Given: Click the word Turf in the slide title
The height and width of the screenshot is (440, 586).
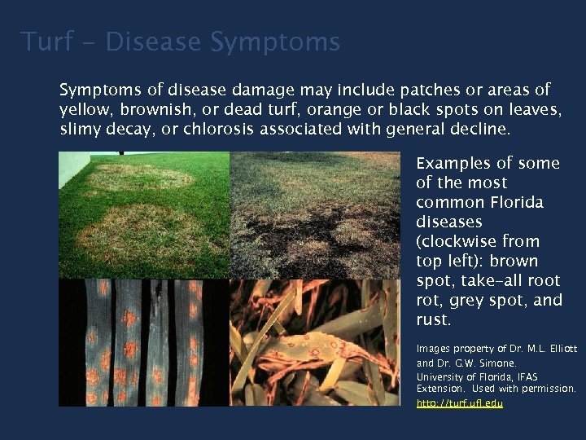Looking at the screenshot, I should pos(48,42).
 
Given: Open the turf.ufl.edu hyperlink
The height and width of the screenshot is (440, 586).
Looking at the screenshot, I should pos(459,403).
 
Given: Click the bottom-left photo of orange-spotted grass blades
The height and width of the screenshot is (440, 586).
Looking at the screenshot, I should pos(144,342).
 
